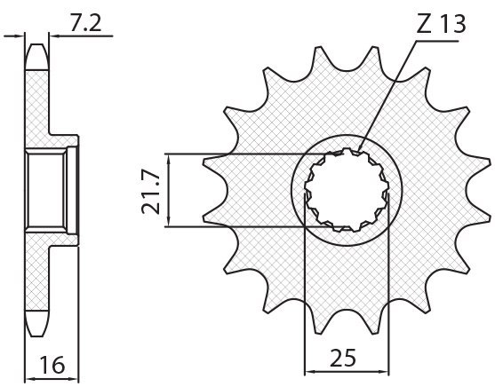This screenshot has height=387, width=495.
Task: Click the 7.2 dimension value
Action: (x=85, y=23)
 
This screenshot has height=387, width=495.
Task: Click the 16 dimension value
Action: (x=52, y=365)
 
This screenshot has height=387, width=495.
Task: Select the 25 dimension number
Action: (x=343, y=358)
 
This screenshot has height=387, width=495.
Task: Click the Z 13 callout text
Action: (x=441, y=24)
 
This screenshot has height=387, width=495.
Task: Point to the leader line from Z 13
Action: (x=387, y=96)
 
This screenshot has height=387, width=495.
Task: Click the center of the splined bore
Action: (x=347, y=190)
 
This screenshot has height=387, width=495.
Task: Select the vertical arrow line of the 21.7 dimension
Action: (x=169, y=190)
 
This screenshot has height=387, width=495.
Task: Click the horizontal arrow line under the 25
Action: (x=347, y=372)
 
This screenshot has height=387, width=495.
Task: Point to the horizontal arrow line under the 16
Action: (x=52, y=378)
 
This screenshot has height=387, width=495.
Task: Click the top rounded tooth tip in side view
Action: (x=37, y=57)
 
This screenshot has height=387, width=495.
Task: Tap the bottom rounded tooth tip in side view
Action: (x=37, y=323)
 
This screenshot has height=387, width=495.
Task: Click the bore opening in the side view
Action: (x=46, y=190)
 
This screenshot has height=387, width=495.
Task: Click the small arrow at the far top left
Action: (x=14, y=36)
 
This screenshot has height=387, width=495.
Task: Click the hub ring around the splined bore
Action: (x=347, y=136)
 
